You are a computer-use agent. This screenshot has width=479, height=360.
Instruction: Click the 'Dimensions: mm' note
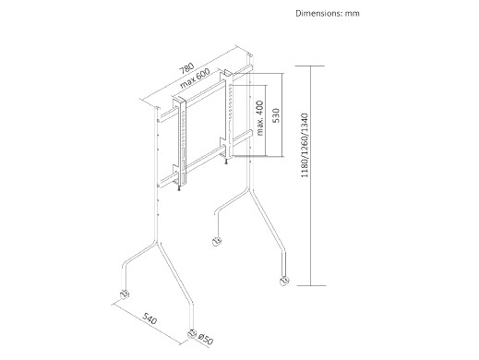coord(328,13)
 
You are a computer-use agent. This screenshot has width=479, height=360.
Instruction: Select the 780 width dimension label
coord(187,68)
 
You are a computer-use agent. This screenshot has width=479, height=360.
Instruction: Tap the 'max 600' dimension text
coord(195,78)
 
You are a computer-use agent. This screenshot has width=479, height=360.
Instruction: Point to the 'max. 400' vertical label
coord(260,117)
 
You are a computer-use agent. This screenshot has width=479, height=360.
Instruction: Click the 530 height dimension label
coord(276,115)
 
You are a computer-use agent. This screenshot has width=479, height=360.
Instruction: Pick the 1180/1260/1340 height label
coord(305,145)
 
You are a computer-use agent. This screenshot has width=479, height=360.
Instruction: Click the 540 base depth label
coord(150,318)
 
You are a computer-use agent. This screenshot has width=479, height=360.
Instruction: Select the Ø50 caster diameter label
coord(206,340)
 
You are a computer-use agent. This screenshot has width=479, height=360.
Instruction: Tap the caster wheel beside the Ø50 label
coord(192,334)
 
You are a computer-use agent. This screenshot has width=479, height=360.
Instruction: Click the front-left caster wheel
coord(125,294)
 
